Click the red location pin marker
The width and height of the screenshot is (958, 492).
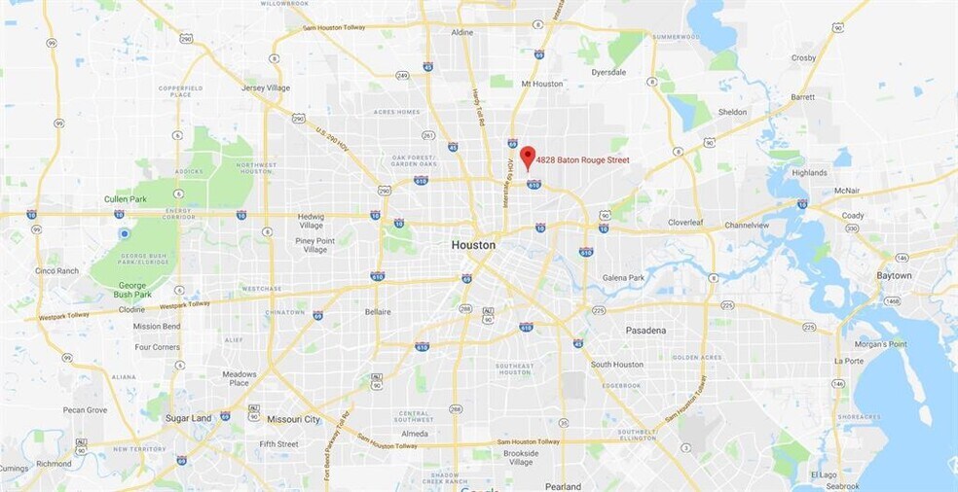click(527, 157)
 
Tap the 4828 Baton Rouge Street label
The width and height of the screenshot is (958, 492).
click(582, 160)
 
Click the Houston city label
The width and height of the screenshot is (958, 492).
click(473, 245)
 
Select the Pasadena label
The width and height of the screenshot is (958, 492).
click(645, 331)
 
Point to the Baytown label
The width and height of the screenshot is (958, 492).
click(894, 276)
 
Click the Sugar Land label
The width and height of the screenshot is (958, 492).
click(188, 418)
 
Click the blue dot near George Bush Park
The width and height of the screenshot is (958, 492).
click(125, 234)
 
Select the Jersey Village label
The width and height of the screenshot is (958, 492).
click(266, 88)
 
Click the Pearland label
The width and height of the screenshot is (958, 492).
click(563, 486)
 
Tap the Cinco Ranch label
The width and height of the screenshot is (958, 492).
click(56, 270)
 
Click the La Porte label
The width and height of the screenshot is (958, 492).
click(848, 361)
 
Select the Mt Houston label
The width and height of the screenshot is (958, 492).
click(542, 84)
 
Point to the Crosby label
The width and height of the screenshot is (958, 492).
click(803, 58)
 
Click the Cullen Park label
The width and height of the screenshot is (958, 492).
click(125, 199)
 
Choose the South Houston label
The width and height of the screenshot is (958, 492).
click(616, 365)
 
